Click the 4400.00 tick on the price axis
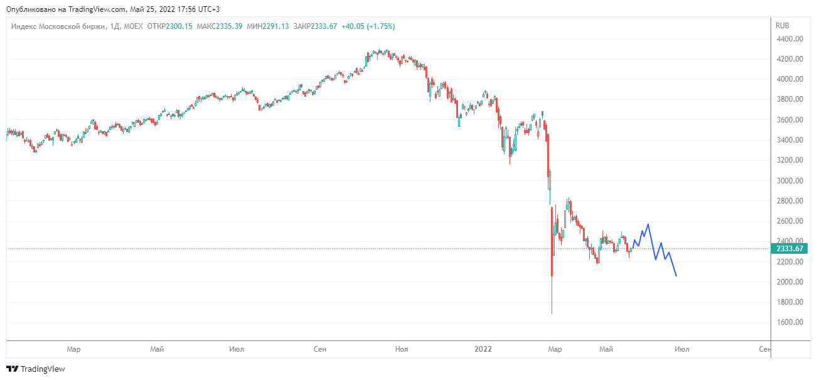(x=791, y=39)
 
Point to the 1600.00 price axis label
(x=791, y=322)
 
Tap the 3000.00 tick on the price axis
(x=791, y=181)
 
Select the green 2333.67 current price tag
(x=790, y=248)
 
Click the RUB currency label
(x=782, y=26)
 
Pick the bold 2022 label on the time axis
(x=483, y=349)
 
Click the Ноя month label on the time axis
(x=402, y=349)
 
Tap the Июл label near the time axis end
(x=682, y=349)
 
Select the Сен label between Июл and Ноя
(x=320, y=349)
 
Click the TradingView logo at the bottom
(x=36, y=369)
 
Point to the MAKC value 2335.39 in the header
(x=230, y=26)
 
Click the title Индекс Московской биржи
(x=57, y=26)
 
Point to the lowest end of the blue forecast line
(x=676, y=276)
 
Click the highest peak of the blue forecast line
(x=648, y=224)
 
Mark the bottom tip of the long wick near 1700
(x=552, y=313)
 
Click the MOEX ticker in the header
(x=134, y=26)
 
